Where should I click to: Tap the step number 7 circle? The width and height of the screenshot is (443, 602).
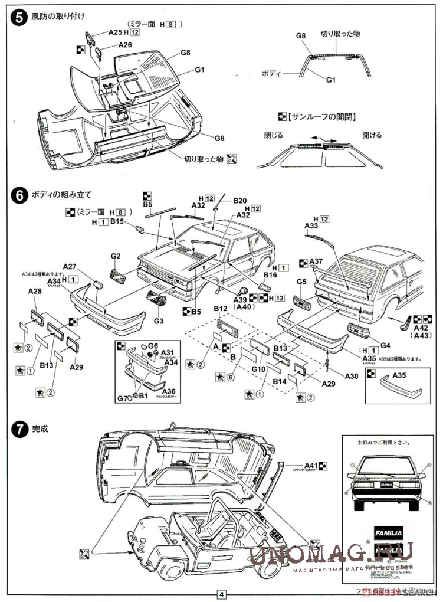click(x=19, y=429)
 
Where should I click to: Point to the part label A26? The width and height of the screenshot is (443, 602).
click(x=125, y=45)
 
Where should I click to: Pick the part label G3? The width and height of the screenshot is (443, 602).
click(x=158, y=320)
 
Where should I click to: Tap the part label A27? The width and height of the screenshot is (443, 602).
click(x=70, y=266)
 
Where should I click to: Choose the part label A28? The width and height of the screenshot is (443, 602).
click(x=34, y=291)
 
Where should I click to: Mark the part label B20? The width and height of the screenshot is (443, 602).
click(x=240, y=201)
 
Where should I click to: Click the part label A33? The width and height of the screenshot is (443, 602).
click(x=311, y=225)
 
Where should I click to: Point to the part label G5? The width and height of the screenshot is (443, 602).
click(x=301, y=282)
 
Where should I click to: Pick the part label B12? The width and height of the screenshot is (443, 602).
click(x=221, y=308)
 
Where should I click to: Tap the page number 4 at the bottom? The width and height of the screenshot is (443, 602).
click(x=221, y=594)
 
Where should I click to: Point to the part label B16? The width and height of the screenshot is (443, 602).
click(x=270, y=274)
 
